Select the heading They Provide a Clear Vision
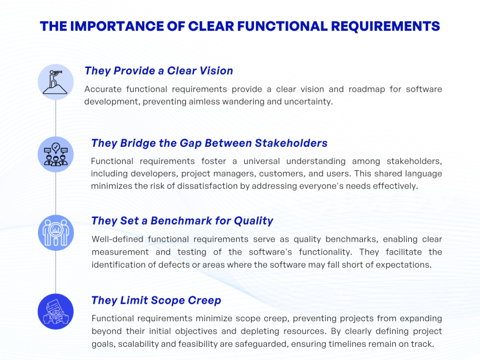[158, 71]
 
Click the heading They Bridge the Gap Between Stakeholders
[209, 143]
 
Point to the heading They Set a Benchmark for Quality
[182, 220]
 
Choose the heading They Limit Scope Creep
[156, 300]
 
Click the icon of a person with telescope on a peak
[56, 82]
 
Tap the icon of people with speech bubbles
[56, 154]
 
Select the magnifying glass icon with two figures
[56, 232]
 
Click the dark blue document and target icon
[56, 311]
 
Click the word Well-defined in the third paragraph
[118, 240]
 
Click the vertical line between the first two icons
[56, 117]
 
